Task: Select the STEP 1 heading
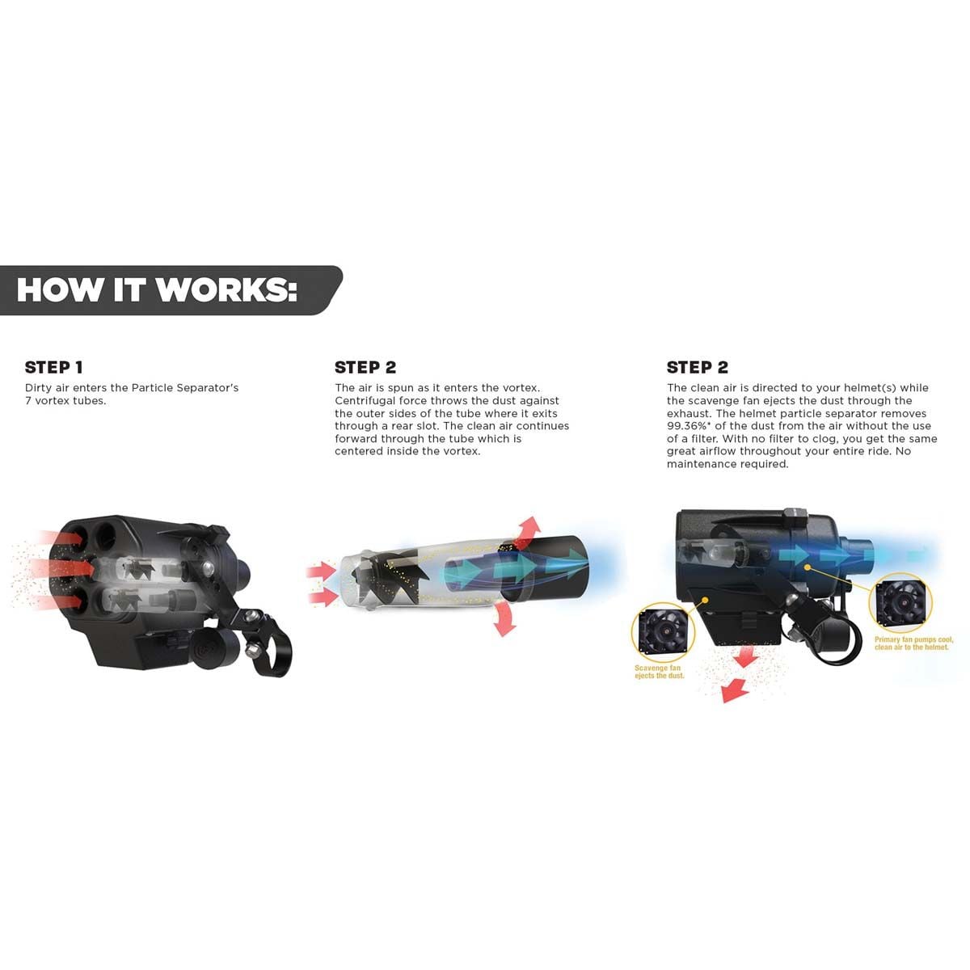pos(53,367)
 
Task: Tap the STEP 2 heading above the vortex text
pos(365,367)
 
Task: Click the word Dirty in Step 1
pos(40,388)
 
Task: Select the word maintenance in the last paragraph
pos(702,464)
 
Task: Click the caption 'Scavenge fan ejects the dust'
pos(659,672)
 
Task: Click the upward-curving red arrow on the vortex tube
pos(526,528)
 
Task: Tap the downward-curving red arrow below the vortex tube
pos(504,619)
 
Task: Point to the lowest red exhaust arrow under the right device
pos(734,690)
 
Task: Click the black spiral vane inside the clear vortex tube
pos(404,570)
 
